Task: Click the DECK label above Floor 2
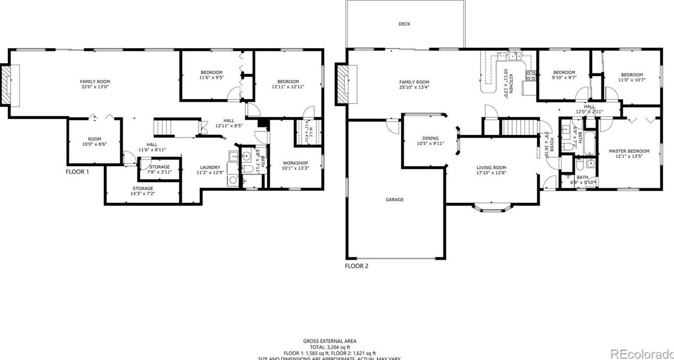tap(404, 24)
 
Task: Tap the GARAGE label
tap(394, 200)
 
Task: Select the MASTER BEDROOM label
tap(629, 151)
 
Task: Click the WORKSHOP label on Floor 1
tap(295, 163)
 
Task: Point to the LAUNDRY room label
tap(210, 167)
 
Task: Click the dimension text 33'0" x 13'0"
tap(95, 87)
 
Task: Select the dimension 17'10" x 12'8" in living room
tap(491, 173)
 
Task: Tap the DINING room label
tap(430, 138)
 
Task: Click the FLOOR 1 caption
tap(77, 172)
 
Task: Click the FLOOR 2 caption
tap(356, 266)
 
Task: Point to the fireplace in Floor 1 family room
tap(11, 86)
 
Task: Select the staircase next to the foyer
tap(519, 127)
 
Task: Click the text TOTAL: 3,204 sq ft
tap(330, 347)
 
